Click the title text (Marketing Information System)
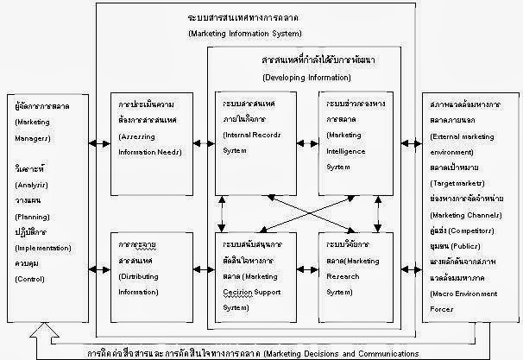(243, 33)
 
